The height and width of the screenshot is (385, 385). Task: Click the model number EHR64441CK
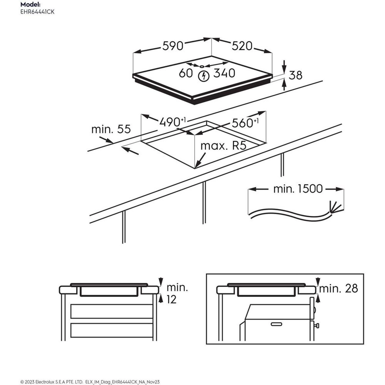point(37,12)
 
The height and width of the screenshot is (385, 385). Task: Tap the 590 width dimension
point(173,46)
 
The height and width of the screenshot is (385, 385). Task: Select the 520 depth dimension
point(242,46)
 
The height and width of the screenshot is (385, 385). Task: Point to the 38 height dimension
point(295,75)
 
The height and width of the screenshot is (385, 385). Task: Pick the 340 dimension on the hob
point(224,73)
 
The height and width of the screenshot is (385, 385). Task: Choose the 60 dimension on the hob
point(186,73)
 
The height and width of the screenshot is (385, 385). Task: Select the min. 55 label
point(111,129)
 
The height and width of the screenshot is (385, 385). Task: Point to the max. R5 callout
point(223,146)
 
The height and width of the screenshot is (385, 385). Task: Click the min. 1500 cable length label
point(298,189)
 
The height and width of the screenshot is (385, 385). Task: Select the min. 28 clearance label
point(339,288)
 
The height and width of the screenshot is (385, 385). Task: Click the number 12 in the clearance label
point(171,300)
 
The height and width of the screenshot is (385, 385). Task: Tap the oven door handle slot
point(276,324)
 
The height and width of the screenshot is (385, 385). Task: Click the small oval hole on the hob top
point(202,66)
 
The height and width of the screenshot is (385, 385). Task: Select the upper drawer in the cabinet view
point(112,311)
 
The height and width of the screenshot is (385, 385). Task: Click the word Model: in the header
point(30,5)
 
